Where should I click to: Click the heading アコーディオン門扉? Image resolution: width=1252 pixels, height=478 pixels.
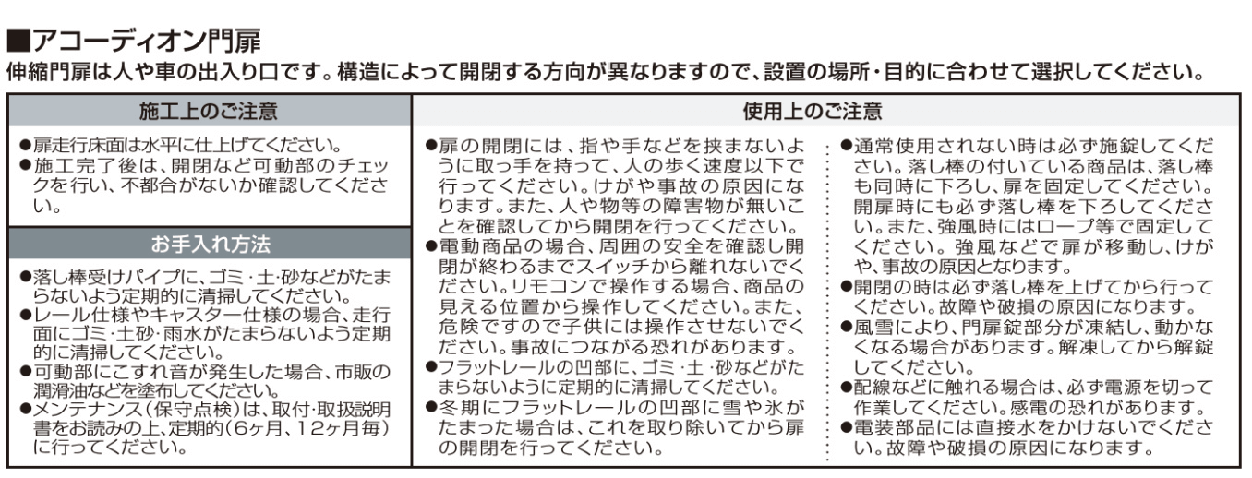click(x=147, y=41)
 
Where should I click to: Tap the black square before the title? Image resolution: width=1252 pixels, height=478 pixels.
click(x=19, y=41)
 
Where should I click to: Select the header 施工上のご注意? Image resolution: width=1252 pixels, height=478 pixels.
click(x=209, y=111)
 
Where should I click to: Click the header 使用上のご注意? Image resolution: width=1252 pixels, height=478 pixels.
click(x=813, y=111)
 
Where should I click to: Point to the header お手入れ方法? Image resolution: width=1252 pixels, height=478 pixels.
click(x=211, y=245)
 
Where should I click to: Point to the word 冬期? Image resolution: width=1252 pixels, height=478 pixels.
click(x=458, y=407)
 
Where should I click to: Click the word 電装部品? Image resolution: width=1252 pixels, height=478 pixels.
click(x=893, y=427)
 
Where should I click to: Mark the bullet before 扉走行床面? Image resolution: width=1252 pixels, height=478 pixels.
click(x=25, y=145)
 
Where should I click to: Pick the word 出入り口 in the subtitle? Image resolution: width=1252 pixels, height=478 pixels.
click(x=246, y=72)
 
